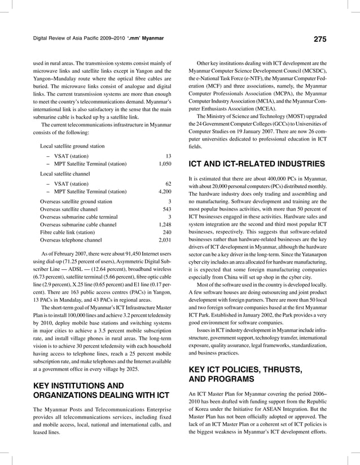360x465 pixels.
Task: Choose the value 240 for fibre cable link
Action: coord(166,232)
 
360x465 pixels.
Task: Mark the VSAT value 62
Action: coord(168,183)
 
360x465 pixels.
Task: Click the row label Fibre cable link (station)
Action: coord(67,232)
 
